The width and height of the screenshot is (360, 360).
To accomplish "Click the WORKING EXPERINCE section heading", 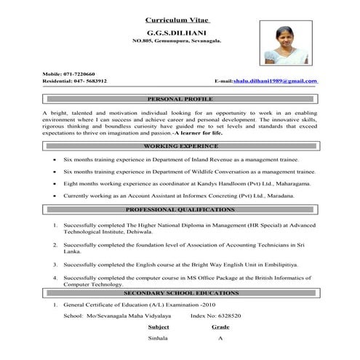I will (180, 146).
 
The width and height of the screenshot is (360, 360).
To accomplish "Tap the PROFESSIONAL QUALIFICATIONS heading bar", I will (180, 209).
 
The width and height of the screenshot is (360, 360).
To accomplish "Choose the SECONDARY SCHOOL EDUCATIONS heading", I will (180, 292).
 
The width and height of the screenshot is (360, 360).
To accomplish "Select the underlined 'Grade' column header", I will (220, 328).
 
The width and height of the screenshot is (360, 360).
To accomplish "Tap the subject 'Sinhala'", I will (158, 340).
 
